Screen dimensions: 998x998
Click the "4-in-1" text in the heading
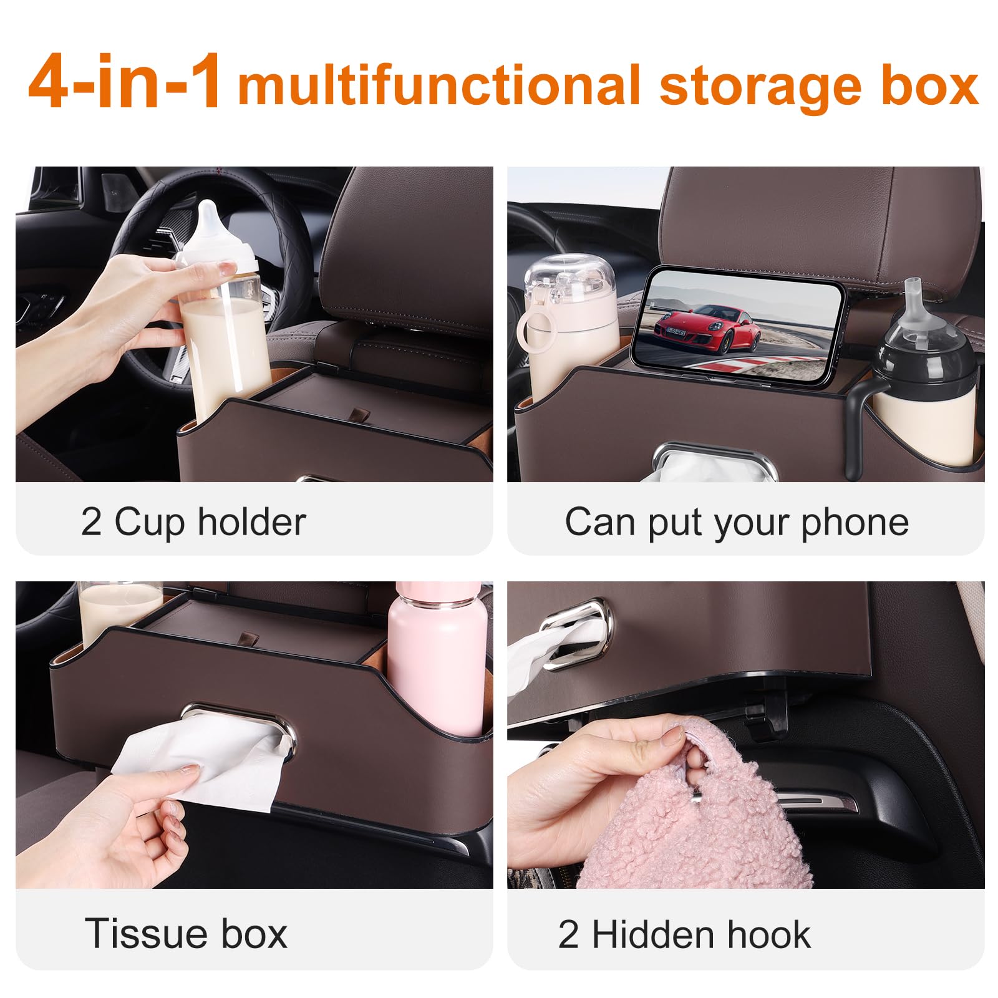coord(125,83)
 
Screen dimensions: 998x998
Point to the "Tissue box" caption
coord(186,933)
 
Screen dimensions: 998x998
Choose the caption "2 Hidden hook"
coord(684,934)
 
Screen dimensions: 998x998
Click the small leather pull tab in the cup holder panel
coord(358,415)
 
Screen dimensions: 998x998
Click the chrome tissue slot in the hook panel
coord(575,633)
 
